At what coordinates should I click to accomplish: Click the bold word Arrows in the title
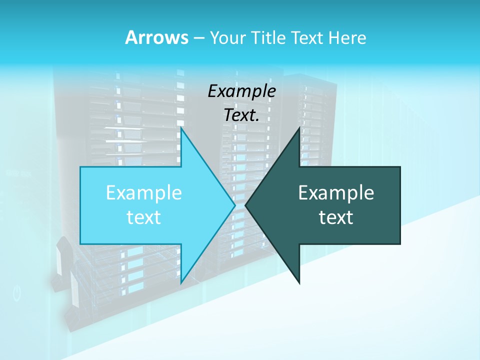click(156, 37)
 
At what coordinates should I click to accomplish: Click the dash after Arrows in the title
click(198, 38)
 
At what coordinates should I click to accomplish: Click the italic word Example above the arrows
click(241, 91)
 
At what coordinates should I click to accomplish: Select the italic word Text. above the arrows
click(241, 115)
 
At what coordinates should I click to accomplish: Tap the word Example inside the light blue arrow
click(144, 193)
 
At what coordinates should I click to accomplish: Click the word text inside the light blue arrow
click(144, 217)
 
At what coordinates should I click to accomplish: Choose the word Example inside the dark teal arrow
click(336, 193)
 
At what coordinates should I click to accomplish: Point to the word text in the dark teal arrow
click(336, 217)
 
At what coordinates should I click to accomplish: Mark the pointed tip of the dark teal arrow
click(246, 205)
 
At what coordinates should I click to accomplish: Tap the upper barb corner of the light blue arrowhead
click(181, 128)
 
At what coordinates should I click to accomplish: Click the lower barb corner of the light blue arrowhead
click(181, 283)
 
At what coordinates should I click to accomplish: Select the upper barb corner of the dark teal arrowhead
click(299, 128)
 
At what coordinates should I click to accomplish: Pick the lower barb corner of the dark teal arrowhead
click(299, 283)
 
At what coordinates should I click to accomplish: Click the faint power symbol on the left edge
click(17, 293)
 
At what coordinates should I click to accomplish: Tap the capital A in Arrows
click(131, 37)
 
